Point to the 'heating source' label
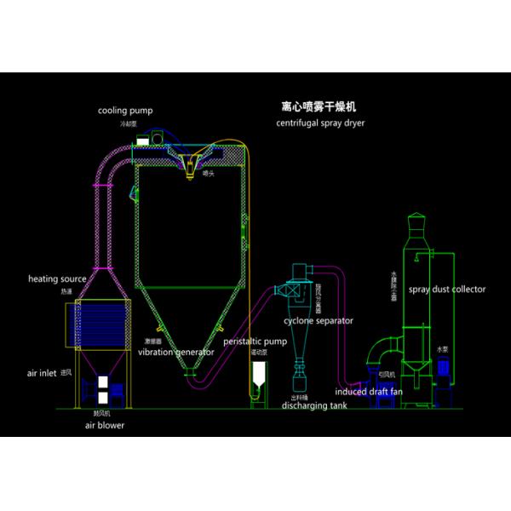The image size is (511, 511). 57,278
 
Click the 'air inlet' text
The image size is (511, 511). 44,372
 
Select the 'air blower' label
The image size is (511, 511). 104,424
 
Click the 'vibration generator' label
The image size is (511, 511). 175,351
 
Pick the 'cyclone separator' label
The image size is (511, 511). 320,321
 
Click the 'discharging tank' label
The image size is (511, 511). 315,405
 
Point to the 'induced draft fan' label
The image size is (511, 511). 368,392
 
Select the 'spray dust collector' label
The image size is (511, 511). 447,290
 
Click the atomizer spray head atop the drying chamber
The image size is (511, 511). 192,162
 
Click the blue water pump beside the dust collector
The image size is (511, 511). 444,368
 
